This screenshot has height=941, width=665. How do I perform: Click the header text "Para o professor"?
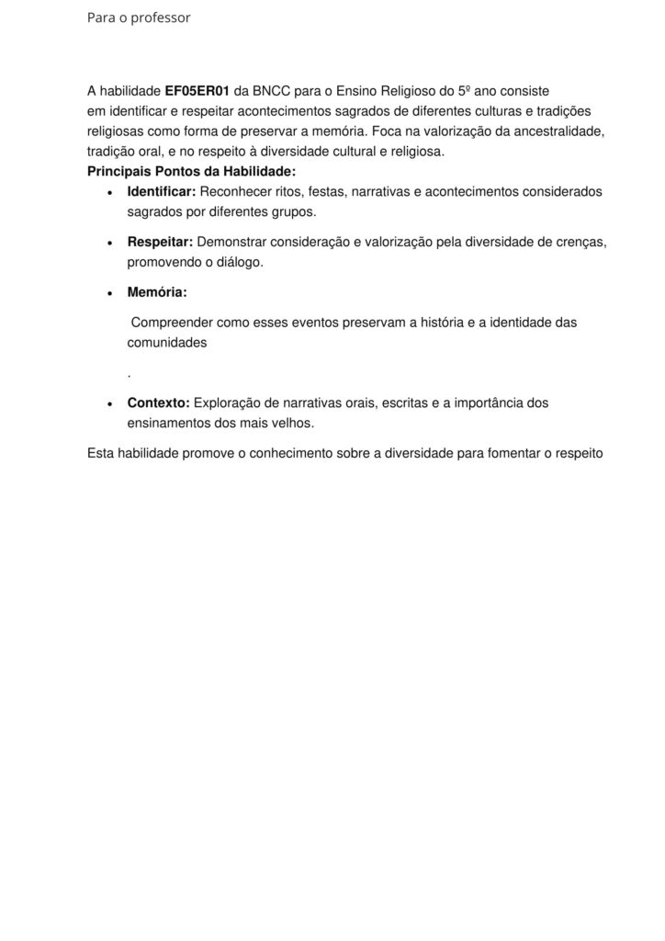point(139,17)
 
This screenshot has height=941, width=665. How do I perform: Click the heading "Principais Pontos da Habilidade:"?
point(191,172)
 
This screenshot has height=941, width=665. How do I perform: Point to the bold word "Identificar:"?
point(162,192)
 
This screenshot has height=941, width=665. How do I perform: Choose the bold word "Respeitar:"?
point(160,243)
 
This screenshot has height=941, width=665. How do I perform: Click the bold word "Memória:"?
point(157,293)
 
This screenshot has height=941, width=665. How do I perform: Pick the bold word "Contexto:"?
point(159,403)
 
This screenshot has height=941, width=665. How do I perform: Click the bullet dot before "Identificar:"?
point(110,193)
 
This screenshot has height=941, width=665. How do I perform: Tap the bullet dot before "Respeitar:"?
point(110,244)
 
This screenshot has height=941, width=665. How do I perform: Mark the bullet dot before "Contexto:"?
point(110,404)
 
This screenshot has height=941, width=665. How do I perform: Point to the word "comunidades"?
point(167,343)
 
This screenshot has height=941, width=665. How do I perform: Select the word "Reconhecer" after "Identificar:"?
point(236,192)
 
